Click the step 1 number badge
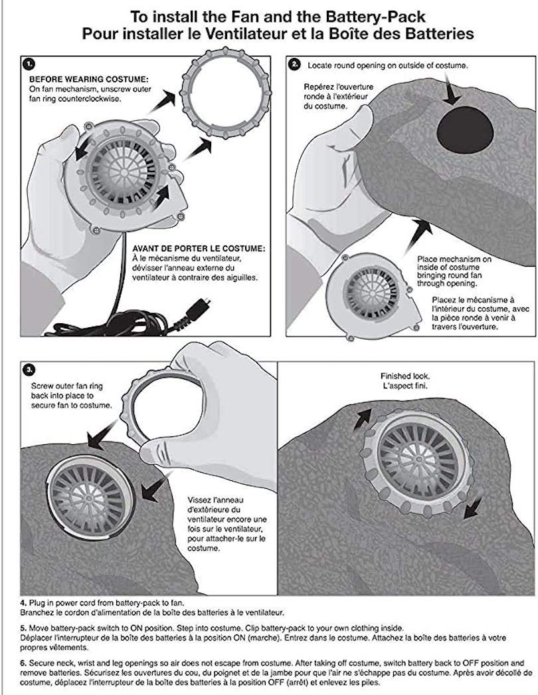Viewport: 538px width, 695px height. click(29, 64)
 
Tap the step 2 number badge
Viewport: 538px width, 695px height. click(294, 65)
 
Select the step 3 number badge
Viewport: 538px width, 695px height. click(29, 368)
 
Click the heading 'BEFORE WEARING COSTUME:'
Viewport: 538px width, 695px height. click(89, 80)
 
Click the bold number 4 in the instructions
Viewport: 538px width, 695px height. click(23, 603)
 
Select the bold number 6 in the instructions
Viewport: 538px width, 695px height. click(23, 663)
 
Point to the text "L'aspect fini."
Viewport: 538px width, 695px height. click(404, 386)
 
